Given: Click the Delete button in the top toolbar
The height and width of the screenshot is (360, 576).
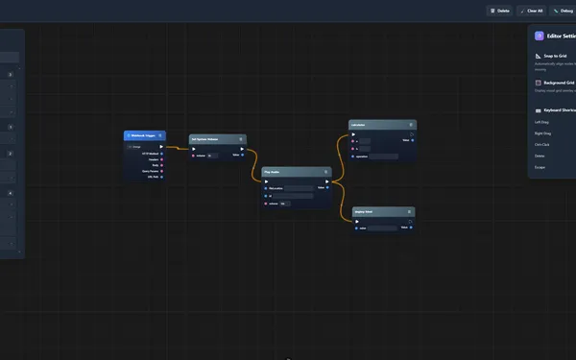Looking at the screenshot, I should click(500, 11).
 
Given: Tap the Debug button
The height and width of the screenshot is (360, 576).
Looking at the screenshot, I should click(560, 11).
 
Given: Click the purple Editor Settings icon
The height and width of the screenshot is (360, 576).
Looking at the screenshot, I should click(540, 36).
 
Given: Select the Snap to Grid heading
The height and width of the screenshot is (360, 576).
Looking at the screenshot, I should click(557, 56).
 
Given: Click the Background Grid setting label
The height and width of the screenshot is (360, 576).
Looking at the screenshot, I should click(559, 83).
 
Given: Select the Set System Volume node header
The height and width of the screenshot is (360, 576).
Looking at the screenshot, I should click(211, 138).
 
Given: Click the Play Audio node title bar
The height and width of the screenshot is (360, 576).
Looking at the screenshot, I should click(288, 172).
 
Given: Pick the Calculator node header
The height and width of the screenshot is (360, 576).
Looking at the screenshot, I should click(374, 124).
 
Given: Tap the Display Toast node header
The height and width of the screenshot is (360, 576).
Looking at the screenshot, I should click(374, 211).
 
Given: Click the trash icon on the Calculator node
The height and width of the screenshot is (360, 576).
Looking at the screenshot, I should click(412, 124).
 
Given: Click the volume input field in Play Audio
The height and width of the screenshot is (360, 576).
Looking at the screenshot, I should click(284, 204).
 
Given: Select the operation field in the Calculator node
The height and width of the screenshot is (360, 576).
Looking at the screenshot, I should click(384, 156).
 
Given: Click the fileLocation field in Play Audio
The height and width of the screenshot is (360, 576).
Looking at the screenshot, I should click(299, 188).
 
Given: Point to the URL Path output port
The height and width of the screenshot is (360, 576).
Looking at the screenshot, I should click(161, 178).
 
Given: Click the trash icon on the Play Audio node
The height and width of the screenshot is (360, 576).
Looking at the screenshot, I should click(326, 172).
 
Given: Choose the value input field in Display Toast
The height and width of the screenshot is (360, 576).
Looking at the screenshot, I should click(382, 228).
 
